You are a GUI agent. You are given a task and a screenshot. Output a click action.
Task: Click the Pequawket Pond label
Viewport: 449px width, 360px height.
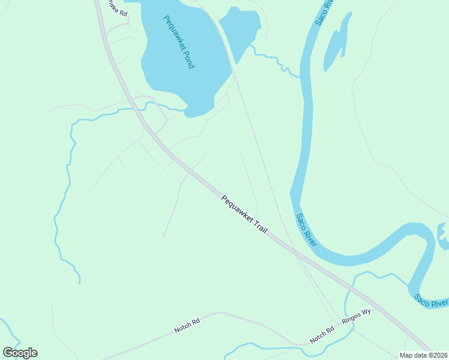point(179,41)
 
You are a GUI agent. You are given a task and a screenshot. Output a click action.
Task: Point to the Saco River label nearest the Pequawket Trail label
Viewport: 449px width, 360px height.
point(306,229)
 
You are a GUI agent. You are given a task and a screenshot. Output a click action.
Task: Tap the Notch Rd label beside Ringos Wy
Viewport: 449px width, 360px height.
point(322,335)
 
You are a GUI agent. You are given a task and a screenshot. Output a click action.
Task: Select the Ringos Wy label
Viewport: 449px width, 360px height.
point(357,316)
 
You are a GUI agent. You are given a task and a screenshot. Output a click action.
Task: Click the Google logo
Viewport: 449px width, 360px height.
point(20,353)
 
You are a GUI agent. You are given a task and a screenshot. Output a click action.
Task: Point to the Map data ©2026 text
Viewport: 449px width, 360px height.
point(423,355)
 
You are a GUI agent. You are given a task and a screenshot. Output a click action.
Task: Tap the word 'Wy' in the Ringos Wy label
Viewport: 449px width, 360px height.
point(366,312)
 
